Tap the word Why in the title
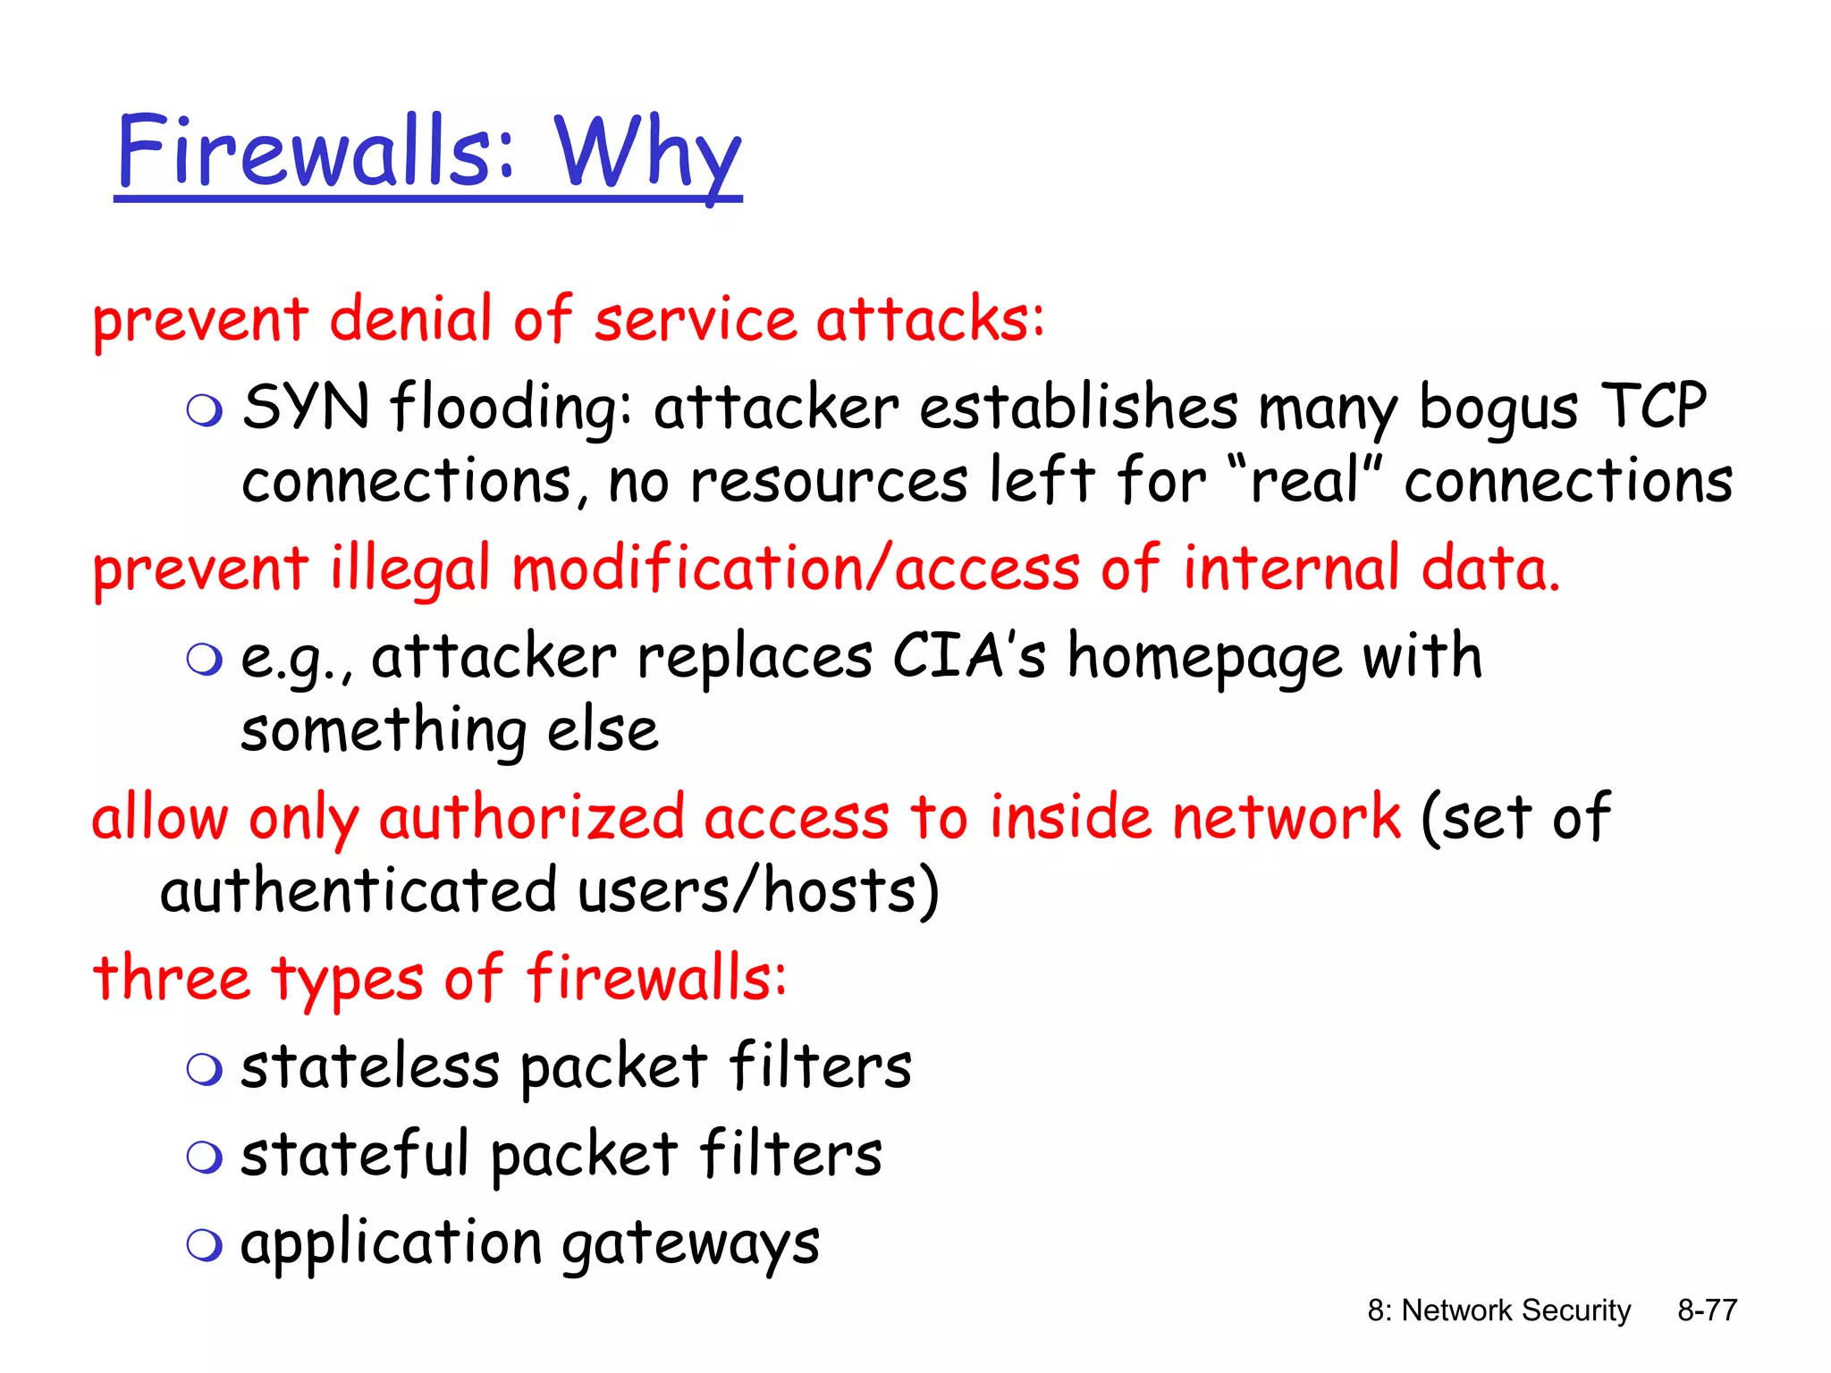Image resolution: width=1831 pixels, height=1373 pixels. point(647,152)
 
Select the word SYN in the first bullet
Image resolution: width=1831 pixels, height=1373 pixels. point(306,407)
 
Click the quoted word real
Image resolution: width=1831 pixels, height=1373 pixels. point(1305,481)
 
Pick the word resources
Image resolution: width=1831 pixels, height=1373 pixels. point(829,481)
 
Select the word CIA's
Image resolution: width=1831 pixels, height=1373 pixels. point(968,656)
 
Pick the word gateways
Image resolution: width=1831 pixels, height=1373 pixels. point(690,1244)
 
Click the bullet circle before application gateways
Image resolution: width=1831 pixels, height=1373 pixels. point(204,1244)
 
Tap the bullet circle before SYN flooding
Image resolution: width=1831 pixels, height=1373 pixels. point(204,410)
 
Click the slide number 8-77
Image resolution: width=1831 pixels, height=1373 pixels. point(1707,1310)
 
